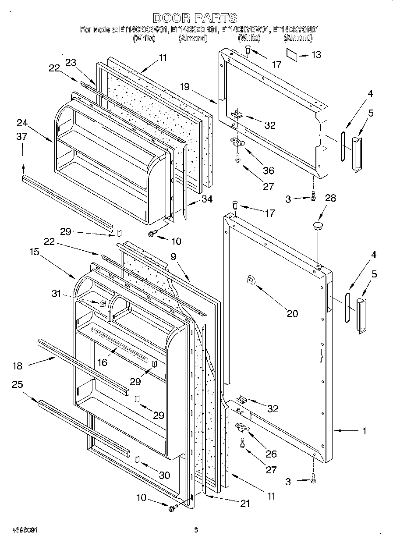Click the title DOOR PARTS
[195, 18]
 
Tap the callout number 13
[315, 55]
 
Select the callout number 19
[184, 87]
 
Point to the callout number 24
[22, 122]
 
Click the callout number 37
[22, 136]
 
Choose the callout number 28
[330, 198]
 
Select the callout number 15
[35, 252]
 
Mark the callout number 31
[57, 294]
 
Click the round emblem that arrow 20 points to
[251, 280]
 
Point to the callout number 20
[292, 313]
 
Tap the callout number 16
[102, 362]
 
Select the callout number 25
[18, 384]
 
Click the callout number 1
[364, 431]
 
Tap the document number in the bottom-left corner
[21, 530]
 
